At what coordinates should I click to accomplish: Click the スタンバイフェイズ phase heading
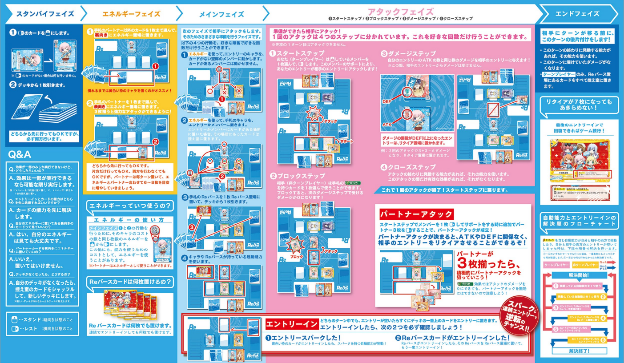tap(45, 13)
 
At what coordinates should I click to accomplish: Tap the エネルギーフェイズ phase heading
tap(131, 14)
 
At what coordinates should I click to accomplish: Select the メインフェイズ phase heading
tap(221, 14)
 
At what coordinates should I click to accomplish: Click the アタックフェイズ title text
tap(400, 11)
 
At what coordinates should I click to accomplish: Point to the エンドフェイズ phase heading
tap(577, 13)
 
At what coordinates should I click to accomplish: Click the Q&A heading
tap(20, 154)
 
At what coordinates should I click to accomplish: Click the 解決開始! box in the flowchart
tap(579, 276)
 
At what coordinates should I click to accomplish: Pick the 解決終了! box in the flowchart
tap(579, 351)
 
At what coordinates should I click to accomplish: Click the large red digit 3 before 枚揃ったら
tap(463, 263)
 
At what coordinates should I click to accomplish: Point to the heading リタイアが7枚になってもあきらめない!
tap(579, 105)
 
